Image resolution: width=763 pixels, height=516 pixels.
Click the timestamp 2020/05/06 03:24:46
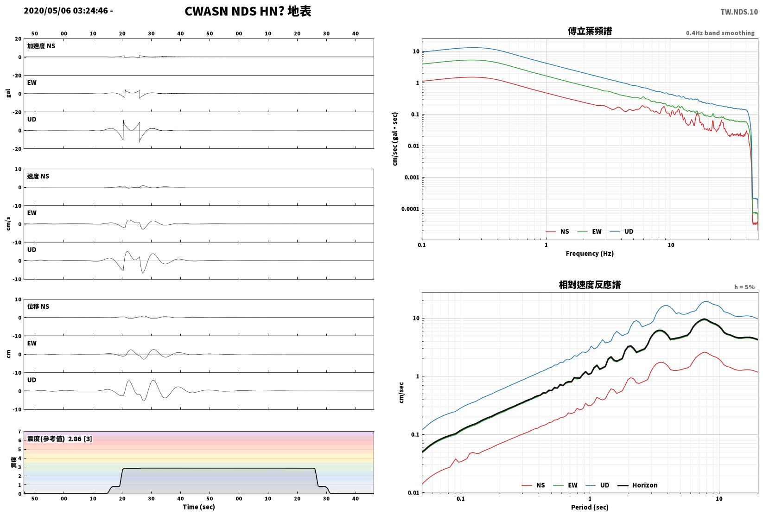click(66, 11)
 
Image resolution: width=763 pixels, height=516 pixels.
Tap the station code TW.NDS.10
click(739, 12)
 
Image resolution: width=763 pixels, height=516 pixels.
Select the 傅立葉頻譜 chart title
click(590, 31)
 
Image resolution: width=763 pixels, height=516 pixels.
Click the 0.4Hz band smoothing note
click(720, 33)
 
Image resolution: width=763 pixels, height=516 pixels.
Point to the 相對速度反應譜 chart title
click(590, 285)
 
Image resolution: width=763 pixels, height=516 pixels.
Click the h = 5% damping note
click(744, 287)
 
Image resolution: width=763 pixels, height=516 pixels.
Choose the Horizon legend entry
click(638, 485)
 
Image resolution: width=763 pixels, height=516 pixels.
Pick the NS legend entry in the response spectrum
click(534, 485)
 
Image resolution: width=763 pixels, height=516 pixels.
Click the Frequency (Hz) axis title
click(590, 254)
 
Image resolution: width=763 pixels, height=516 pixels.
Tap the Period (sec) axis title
click(590, 507)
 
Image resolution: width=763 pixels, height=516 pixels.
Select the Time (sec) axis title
click(199, 507)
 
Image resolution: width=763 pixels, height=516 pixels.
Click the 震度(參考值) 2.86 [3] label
click(60, 439)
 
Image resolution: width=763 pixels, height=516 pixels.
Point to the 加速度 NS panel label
click(41, 46)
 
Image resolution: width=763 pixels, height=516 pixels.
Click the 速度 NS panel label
click(38, 176)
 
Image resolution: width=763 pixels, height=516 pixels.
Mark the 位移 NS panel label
click(38, 306)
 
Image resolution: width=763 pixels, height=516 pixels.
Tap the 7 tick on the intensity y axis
click(20, 432)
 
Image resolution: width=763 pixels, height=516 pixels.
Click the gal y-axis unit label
click(8, 93)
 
